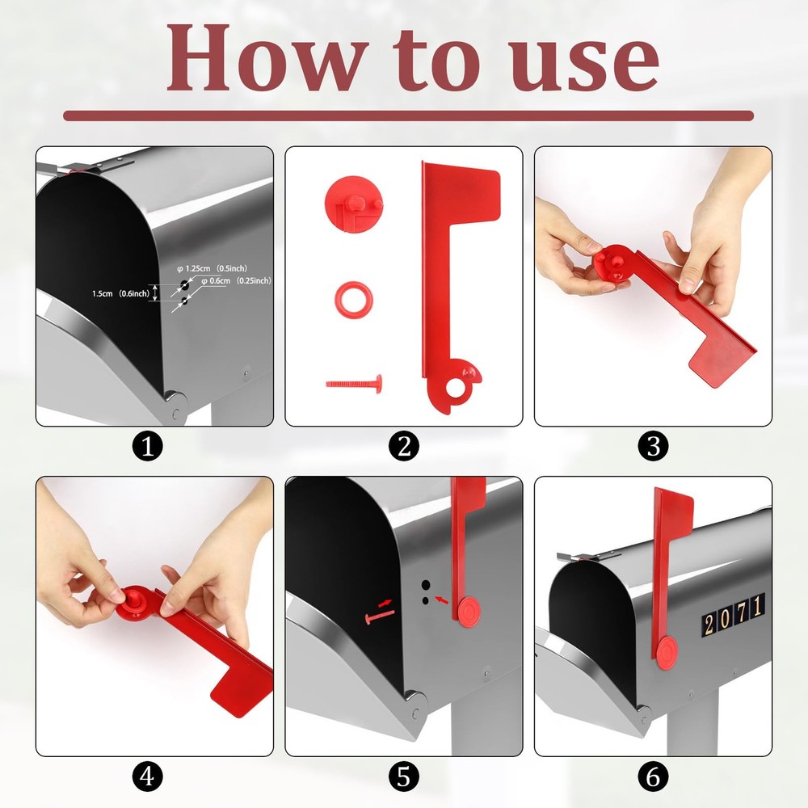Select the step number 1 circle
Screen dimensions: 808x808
(x=147, y=446)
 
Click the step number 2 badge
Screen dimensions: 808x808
(x=404, y=446)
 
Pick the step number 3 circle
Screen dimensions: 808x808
(x=653, y=446)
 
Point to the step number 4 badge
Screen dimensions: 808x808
(x=147, y=777)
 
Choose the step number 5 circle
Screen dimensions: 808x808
(x=404, y=777)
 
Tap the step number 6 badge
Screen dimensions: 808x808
(x=653, y=777)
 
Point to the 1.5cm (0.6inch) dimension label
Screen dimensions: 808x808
(x=121, y=294)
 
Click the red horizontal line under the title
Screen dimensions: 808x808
(x=408, y=116)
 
